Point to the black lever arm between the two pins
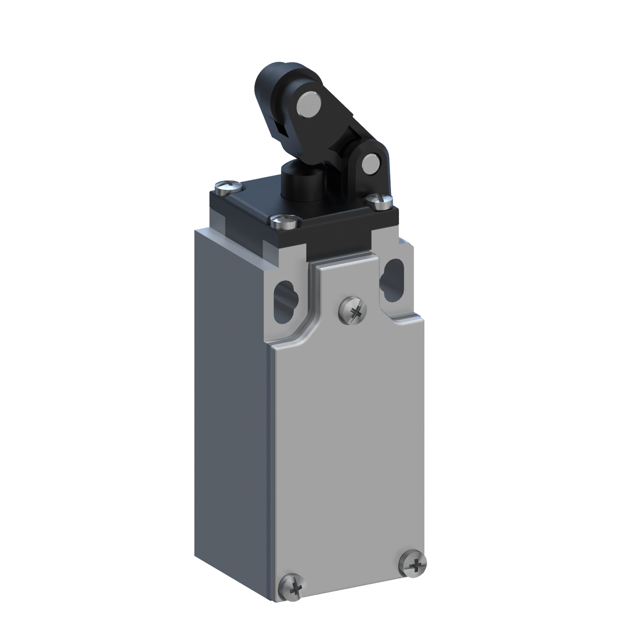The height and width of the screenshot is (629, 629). click(345, 131)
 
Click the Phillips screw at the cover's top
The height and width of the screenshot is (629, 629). click(354, 311)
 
